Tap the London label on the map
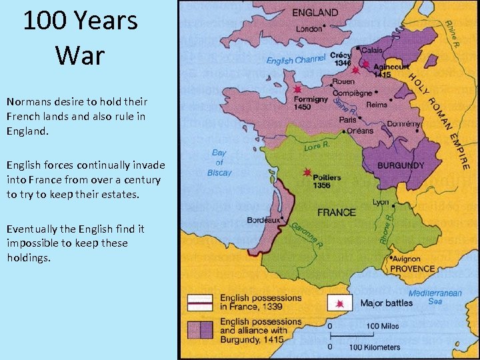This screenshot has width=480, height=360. coord(309,29)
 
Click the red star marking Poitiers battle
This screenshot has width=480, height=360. coord(307,172)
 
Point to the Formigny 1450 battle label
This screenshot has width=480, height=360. coord(311,103)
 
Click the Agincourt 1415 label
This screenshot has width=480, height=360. coord(391,71)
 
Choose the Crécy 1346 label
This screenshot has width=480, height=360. coord(341,59)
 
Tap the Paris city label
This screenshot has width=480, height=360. coord(348,120)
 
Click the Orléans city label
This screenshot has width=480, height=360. coord(361,131)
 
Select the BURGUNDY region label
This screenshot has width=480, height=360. coord(401,165)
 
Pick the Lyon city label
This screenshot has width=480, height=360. coord(381,202)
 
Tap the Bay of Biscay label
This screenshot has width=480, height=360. coord(219,163)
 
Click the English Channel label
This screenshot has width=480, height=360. coord(296,60)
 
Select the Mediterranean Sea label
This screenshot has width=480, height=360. coord(435,297)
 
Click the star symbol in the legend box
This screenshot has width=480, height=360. coord(340,303)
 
